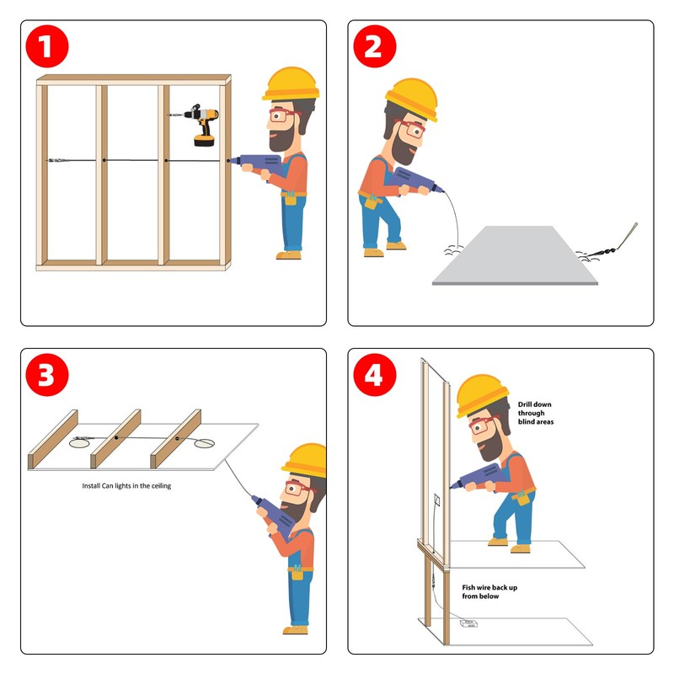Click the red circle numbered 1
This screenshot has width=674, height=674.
click(47, 46)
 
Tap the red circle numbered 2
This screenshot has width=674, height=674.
click(374, 46)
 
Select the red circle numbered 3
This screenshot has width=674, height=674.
click(47, 374)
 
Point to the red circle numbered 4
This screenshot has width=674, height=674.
click(374, 374)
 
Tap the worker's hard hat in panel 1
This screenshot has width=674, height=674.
click(291, 83)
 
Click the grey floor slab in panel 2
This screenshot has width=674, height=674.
click(515, 255)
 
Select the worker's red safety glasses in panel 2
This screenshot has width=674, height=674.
click(411, 128)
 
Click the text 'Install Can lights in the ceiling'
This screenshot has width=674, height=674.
click(126, 486)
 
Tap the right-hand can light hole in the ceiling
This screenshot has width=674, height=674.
click(204, 443)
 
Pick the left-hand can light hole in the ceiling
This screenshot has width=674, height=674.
click(79, 443)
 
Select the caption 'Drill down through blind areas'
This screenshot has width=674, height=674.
click(536, 413)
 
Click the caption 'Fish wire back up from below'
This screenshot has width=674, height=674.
click(489, 591)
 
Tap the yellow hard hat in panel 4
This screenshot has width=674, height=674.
click(482, 394)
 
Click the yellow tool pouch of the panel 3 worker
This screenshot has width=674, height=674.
click(297, 574)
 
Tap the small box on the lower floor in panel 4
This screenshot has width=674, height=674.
click(468, 623)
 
